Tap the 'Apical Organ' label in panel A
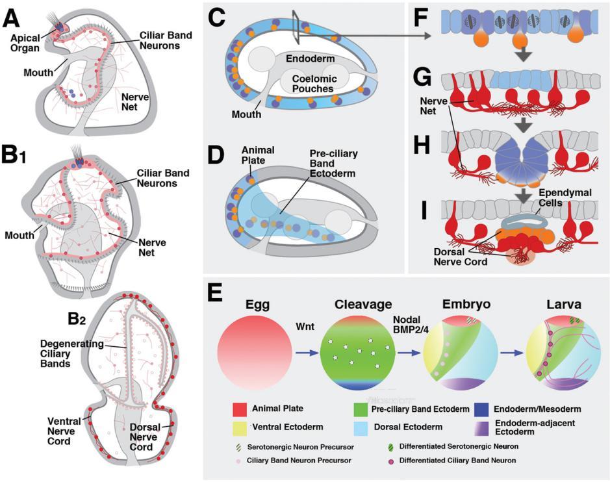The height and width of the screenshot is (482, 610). [x=25, y=43]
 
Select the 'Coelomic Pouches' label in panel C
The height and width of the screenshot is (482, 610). [x=312, y=84]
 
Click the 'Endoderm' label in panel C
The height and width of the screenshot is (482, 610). [x=310, y=58]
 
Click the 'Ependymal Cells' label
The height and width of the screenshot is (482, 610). [x=565, y=197]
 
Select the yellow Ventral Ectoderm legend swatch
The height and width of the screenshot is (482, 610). [x=240, y=427]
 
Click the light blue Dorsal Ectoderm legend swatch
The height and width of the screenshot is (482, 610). [x=361, y=427]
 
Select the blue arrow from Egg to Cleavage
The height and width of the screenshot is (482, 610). [x=307, y=353]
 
